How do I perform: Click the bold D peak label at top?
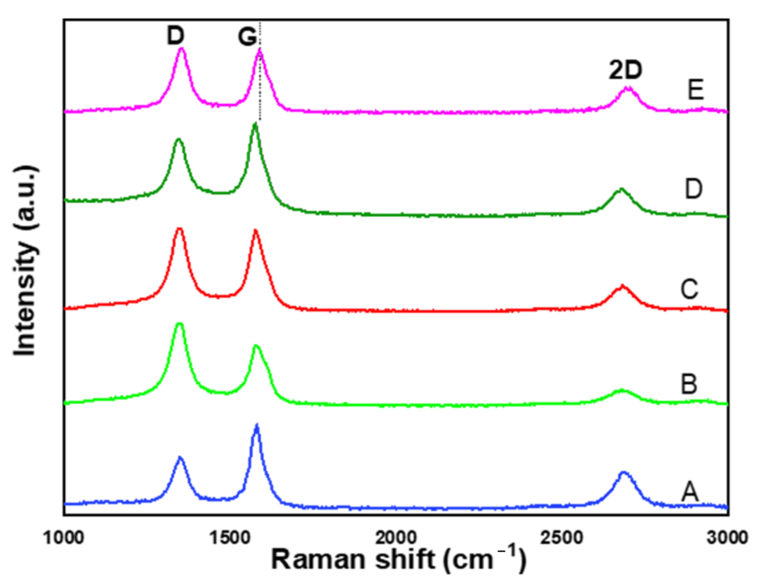(x=175, y=35)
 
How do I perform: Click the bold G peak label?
(x=247, y=36)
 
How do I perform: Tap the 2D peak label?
(x=626, y=70)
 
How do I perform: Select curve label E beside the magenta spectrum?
(x=695, y=89)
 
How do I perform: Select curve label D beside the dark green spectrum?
(x=693, y=189)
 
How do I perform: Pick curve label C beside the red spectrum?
(x=689, y=289)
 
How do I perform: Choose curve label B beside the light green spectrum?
(x=689, y=384)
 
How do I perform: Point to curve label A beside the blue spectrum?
(x=690, y=491)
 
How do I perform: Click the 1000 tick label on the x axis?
(x=63, y=537)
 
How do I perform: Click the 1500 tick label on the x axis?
(x=230, y=537)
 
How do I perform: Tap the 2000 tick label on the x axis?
(x=396, y=537)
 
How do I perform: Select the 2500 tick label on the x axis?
(x=562, y=537)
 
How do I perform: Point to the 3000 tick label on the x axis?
(x=727, y=537)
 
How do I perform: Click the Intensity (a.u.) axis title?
(x=25, y=261)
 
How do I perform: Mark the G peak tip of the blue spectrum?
(x=257, y=425)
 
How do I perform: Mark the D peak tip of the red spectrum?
(x=179, y=229)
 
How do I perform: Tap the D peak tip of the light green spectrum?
(x=179, y=324)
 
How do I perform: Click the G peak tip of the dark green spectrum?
(x=255, y=124)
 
